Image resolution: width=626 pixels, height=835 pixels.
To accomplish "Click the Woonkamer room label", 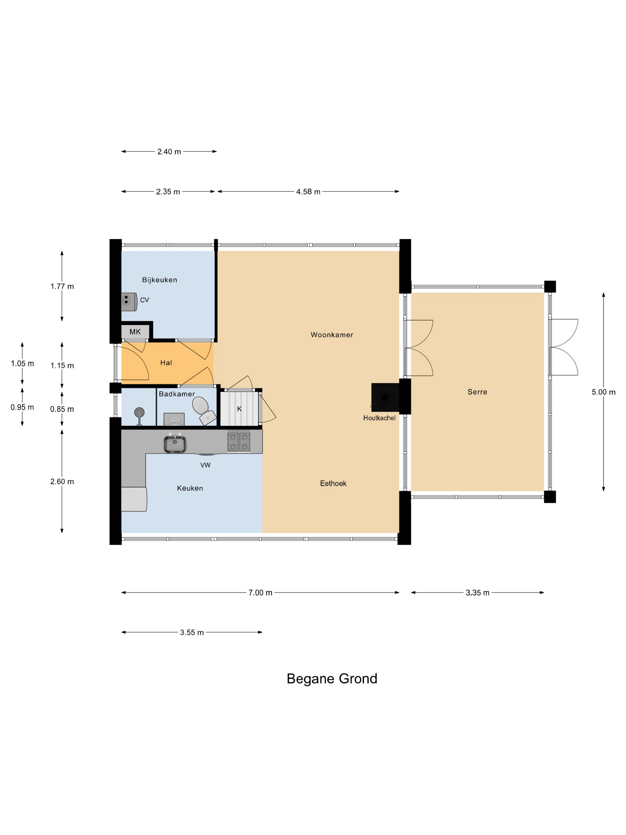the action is tap(332, 335).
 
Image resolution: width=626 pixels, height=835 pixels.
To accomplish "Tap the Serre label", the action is tap(477, 392).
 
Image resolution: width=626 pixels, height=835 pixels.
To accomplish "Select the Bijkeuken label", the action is tap(159, 280).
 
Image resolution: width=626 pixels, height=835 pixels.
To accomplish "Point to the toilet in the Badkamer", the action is tap(204, 411).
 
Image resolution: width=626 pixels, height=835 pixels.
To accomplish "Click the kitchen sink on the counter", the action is tap(175, 444).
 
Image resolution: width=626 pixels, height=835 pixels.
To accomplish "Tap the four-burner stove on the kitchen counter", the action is tap(238, 442).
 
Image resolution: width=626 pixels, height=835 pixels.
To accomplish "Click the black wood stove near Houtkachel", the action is tap(385, 397).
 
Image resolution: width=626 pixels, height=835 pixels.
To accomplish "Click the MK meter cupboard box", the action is tap(135, 332).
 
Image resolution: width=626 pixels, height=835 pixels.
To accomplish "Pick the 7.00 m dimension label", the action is tap(260, 593).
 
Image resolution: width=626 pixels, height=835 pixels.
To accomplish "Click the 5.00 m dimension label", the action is tap(603, 392).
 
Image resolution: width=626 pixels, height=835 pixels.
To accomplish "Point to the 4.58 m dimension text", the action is tap(308, 192).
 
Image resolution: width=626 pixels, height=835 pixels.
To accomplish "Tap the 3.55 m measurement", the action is tap(192, 632).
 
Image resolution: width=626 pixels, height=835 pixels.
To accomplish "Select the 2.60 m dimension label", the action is tap(62, 482).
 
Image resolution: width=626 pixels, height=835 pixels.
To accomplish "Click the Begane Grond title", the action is tap(332, 679).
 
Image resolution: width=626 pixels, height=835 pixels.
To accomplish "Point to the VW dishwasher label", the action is tap(205, 465).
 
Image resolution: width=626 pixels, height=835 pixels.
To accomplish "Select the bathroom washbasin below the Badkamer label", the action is tap(174, 419).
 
